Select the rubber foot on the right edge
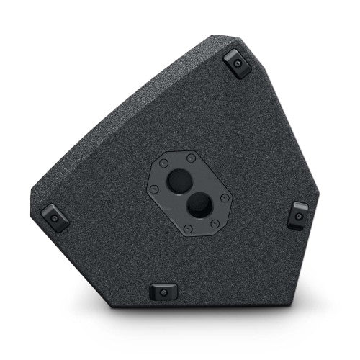click(x=297, y=215)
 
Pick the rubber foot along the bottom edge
click(x=164, y=292)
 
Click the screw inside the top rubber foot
click(x=238, y=64)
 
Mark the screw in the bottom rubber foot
click(x=164, y=292)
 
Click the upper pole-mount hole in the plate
click(x=177, y=180)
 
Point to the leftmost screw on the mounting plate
click(x=154, y=189)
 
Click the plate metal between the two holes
click(x=188, y=194)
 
